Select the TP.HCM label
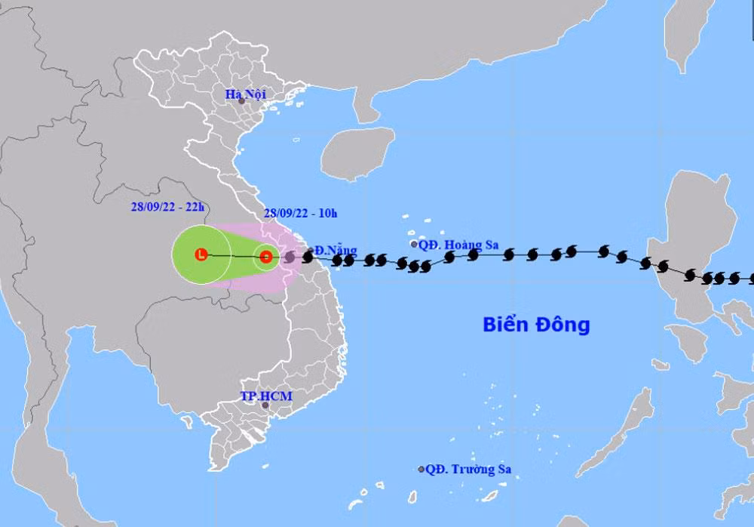[256, 396]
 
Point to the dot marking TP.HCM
[265, 405]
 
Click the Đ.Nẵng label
[336, 250]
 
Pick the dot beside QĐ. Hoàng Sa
[414, 244]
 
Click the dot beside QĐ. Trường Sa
[421, 469]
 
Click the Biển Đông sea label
[535, 325]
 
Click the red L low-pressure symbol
[201, 255]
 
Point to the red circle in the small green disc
[265, 257]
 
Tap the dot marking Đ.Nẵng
[311, 250]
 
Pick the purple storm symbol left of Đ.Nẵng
[290, 257]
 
